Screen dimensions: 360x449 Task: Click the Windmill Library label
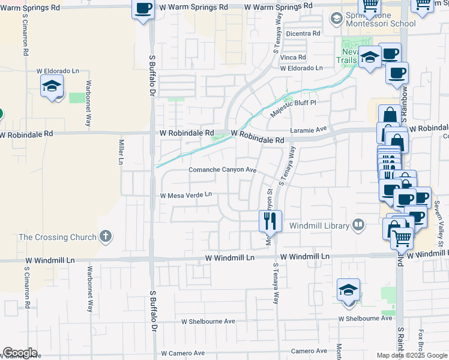point(319,226)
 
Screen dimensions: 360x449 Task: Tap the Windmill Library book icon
point(358,225)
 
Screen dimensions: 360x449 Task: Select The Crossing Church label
point(58,236)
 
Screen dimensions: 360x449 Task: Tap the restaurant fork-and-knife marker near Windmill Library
point(270,221)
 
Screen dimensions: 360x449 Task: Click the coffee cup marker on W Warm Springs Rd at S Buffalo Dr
point(143,9)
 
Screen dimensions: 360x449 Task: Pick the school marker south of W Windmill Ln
point(348,290)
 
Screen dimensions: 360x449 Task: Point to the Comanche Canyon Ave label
point(223,170)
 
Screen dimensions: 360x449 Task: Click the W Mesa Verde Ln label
point(186,195)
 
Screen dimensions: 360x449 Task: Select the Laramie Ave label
point(309,128)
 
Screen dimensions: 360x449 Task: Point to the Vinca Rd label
point(294,57)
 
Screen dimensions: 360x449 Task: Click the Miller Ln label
point(121,152)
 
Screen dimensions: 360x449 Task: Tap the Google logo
point(20,353)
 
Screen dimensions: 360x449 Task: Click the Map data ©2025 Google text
point(412,355)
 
